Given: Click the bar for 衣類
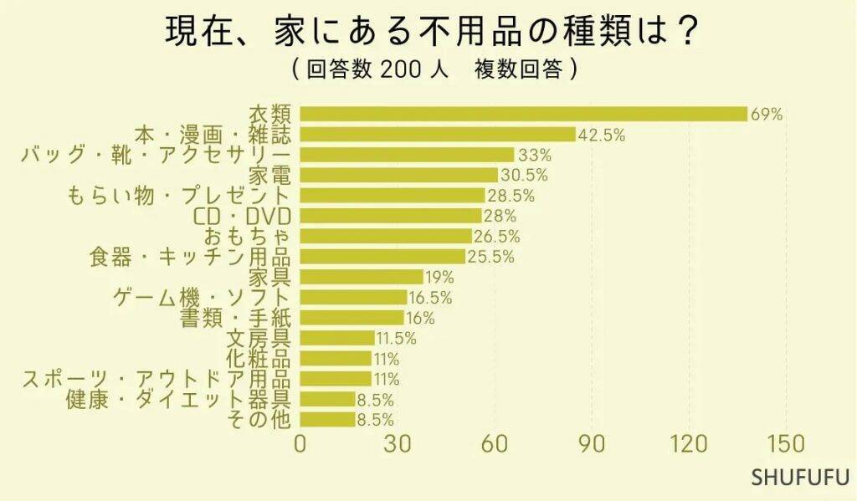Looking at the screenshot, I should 523,114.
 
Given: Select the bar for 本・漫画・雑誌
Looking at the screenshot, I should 438,135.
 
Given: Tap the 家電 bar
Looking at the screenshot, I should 398,175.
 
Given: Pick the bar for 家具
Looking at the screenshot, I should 362,277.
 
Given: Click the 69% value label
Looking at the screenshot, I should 767,115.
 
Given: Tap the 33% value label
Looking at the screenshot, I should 535,155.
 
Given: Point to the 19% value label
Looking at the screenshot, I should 439,277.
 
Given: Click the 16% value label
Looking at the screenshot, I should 420,318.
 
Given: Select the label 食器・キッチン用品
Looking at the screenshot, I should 190,257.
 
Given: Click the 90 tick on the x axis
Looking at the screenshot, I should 593,443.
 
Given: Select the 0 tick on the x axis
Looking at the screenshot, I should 300,443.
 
